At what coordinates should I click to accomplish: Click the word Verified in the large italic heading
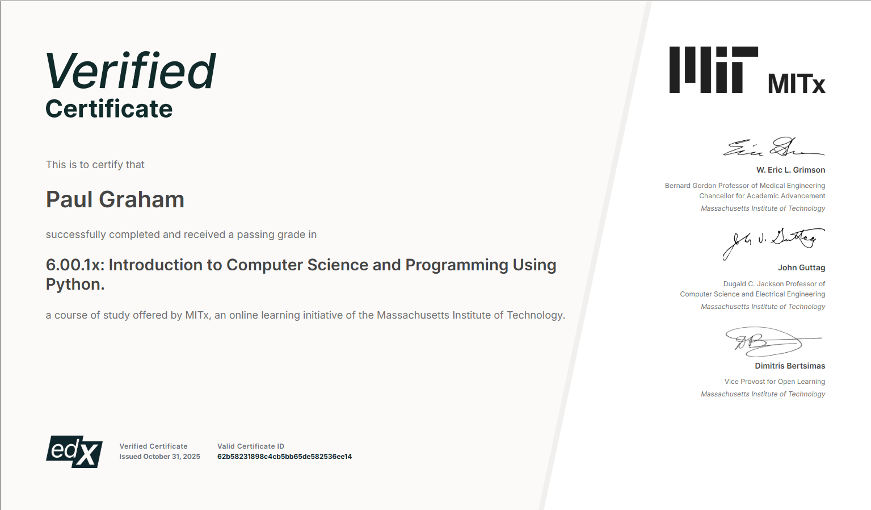pyautogui.click(x=131, y=71)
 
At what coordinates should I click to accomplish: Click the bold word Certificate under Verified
pyautogui.click(x=109, y=108)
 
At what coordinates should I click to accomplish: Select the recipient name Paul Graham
pyautogui.click(x=115, y=199)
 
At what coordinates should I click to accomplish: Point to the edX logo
pyautogui.click(x=74, y=452)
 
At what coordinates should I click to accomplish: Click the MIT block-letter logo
pyautogui.click(x=713, y=70)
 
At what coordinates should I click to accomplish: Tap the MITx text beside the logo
pyautogui.click(x=796, y=83)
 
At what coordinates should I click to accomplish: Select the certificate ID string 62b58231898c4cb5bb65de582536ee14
pyautogui.click(x=285, y=457)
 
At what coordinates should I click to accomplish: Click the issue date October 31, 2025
pyautogui.click(x=172, y=457)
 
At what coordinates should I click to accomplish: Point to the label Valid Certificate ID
pyautogui.click(x=251, y=446)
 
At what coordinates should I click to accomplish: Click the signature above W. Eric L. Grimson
pyautogui.click(x=773, y=147)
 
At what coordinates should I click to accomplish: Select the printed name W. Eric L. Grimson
pyautogui.click(x=791, y=170)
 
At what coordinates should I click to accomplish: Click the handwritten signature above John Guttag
pyautogui.click(x=774, y=244)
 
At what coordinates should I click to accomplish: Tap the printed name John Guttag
pyautogui.click(x=801, y=267)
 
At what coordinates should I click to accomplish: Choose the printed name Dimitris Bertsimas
pyautogui.click(x=790, y=366)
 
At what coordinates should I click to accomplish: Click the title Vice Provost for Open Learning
pyautogui.click(x=775, y=382)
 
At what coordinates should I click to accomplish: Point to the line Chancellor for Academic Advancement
pyautogui.click(x=762, y=196)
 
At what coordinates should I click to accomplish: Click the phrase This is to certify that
pyautogui.click(x=95, y=165)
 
